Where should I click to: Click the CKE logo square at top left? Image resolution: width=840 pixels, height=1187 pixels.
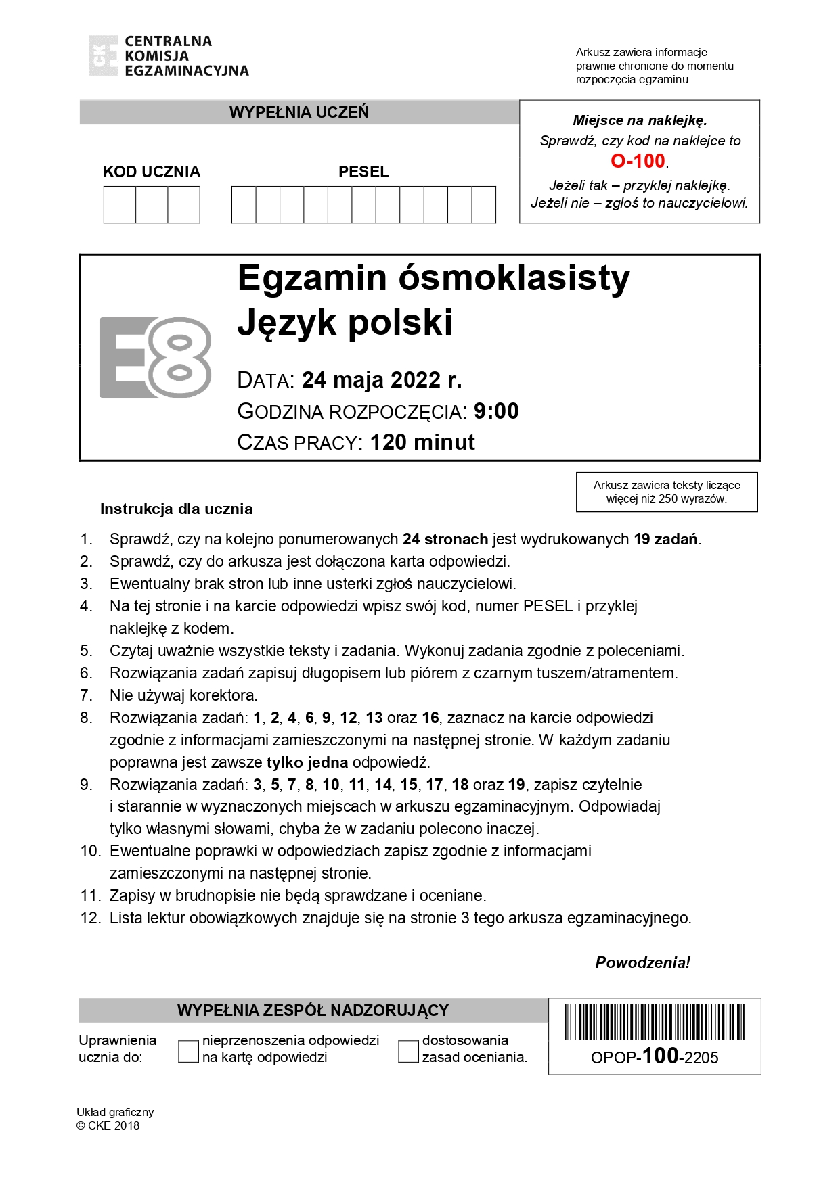coord(103,55)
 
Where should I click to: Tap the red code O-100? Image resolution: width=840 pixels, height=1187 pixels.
coord(638,161)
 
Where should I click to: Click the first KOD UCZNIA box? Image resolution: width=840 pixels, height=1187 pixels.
coord(120,204)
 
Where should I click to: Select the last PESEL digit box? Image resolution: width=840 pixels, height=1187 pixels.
coord(483,204)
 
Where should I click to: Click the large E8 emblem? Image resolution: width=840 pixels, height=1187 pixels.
coord(155,357)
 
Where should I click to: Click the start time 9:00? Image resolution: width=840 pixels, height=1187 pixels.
coord(496,411)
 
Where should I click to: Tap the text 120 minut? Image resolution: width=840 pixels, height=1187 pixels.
coord(422,442)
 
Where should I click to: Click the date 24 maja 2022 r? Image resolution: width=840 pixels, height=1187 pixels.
coord(382,380)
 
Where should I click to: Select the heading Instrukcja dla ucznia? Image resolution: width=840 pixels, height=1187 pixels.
coord(176,509)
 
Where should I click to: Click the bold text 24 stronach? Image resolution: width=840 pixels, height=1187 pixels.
coord(445,539)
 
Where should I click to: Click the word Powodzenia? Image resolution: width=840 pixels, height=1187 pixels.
coord(642,962)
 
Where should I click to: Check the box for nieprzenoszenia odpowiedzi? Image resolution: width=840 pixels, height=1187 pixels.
coord(188,1051)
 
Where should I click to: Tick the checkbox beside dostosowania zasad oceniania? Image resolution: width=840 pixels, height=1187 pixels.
coord(408,1051)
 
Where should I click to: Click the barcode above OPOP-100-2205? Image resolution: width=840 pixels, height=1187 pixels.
coord(654,1021)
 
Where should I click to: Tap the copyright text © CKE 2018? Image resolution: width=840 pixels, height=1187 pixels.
coord(108,1125)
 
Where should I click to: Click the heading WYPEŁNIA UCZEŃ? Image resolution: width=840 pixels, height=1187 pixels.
coord(299,112)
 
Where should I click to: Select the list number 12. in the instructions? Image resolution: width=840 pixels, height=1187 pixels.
coord(90,918)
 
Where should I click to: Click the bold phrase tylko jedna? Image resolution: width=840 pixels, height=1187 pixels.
coord(307,762)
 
